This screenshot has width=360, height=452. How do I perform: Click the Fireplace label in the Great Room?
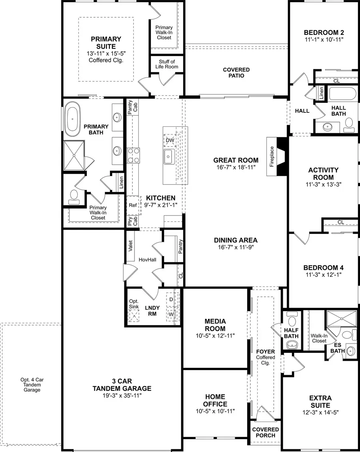tap(272, 156)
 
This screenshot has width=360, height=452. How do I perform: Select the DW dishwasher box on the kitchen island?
tap(170, 140)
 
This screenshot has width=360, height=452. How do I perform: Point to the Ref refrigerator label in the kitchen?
tap(133, 205)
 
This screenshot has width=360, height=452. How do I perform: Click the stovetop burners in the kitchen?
tap(133, 155)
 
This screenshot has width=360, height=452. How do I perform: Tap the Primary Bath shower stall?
tap(74, 155)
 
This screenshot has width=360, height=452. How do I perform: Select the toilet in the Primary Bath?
tap(74, 195)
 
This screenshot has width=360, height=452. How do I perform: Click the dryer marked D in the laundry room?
tap(171, 299)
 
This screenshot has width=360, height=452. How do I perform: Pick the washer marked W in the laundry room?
tap(171, 314)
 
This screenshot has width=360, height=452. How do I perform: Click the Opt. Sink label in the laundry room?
tap(134, 304)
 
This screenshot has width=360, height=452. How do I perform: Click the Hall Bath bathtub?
tap(341, 95)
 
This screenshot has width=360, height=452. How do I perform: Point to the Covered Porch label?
tap(265, 432)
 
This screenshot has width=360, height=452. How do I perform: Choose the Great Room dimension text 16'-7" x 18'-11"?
tap(234, 167)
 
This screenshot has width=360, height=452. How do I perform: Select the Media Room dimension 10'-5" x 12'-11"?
tap(215, 336)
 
